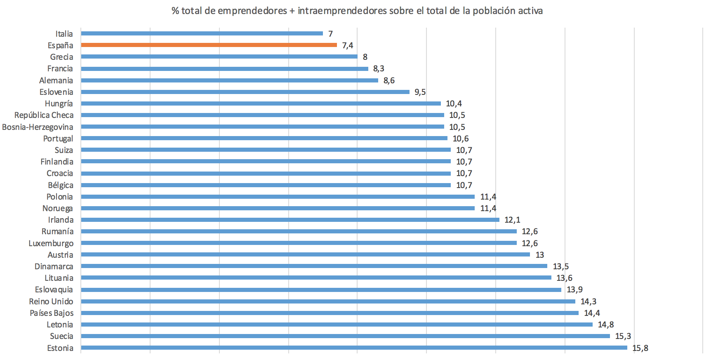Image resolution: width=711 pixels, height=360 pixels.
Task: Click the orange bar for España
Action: pos(209,45)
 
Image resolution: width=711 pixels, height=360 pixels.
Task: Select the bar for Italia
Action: pos(202,33)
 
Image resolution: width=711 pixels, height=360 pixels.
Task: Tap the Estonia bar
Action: pos(354,348)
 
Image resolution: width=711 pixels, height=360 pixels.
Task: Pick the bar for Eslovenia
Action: pos(245,92)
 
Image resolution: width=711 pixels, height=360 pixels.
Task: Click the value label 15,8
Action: pos(640,348)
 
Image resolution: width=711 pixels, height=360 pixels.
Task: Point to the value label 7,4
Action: pos(348,45)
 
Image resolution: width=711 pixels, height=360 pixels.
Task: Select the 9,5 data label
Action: pos(420,92)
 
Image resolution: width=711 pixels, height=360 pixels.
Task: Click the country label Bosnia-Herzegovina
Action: pos(38,127)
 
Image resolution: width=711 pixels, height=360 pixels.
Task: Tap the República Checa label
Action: pos(44,115)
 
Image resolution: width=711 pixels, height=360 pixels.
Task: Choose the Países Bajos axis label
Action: pos(52,313)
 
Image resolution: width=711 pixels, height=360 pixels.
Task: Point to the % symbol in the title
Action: pos(175,11)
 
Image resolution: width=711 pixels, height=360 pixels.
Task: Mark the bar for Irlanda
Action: pos(290,220)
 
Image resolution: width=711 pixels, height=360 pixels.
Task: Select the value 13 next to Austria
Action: pos(540,255)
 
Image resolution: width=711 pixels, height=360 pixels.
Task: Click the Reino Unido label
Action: pos(51,301)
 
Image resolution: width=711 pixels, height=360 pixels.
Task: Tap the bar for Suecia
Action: pos(345,336)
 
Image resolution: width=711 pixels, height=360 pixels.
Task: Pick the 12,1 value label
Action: pos(512,220)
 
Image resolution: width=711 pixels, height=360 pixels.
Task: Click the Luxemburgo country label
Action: pos(51,243)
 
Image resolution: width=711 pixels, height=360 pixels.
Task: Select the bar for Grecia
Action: pos(219,56)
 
